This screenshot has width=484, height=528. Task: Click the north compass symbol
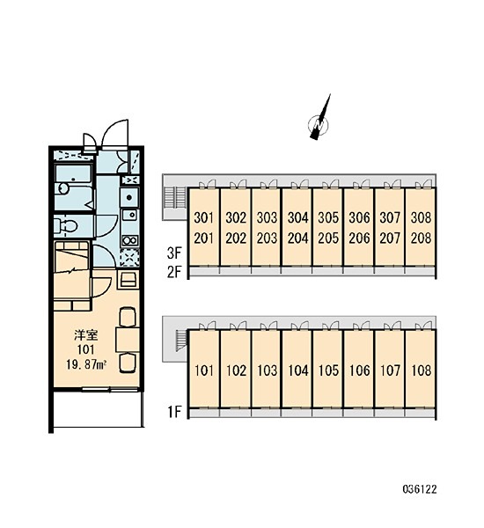[x=319, y=124]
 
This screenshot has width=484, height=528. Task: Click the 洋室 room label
[x=86, y=335]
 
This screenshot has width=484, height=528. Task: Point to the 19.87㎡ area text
[x=86, y=364]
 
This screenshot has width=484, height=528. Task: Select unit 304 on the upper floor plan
[x=297, y=218]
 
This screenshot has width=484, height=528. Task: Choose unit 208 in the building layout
[x=421, y=238]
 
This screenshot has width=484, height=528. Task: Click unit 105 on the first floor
[x=328, y=370]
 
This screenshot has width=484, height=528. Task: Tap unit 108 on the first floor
[x=421, y=370]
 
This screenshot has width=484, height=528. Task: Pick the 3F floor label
[x=174, y=253]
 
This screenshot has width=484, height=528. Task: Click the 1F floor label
[x=174, y=412]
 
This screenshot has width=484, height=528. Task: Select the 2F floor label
[x=174, y=273]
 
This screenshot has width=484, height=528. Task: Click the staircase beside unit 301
[x=175, y=198]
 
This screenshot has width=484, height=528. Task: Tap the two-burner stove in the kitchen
[x=129, y=240]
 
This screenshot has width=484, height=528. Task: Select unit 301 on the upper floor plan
[x=204, y=218]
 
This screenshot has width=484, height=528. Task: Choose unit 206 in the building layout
[x=359, y=238]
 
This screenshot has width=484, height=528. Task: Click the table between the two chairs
[x=128, y=339]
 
